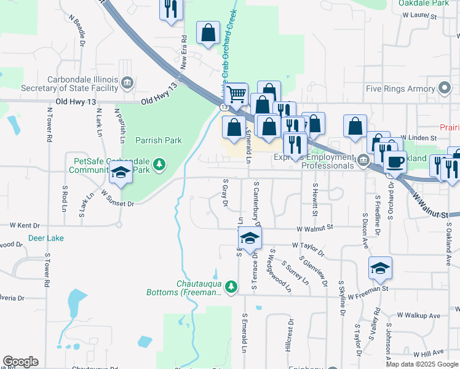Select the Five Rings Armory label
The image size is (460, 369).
point(400,89)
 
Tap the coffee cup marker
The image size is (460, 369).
point(395,161)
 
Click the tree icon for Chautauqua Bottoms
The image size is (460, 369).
point(231,287)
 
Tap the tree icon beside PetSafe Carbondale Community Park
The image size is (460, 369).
point(159,164)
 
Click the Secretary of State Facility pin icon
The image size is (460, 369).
point(127,82)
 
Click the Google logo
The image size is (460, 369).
point(20,362)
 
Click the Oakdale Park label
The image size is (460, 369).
point(423,3)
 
